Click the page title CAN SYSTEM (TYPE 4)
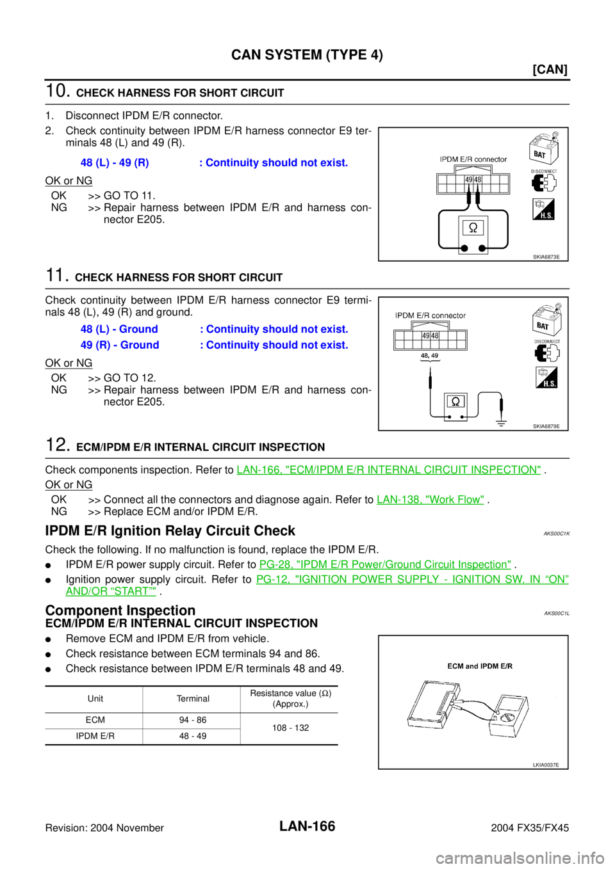[307, 55]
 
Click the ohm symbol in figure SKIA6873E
[473, 228]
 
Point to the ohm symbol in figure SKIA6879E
[455, 401]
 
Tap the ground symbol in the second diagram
[502, 423]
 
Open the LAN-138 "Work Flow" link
[430, 500]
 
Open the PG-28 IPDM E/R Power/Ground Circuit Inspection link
[385, 564]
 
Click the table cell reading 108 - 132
[290, 728]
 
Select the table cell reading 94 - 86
[193, 720]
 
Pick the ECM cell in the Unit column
[95, 720]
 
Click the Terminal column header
[193, 699]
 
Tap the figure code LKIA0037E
[546, 765]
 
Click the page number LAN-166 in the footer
[307, 826]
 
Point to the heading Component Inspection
[120, 610]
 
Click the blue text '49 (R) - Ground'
[120, 345]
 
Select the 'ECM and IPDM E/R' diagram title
[480, 666]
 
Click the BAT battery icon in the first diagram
[544, 149]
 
